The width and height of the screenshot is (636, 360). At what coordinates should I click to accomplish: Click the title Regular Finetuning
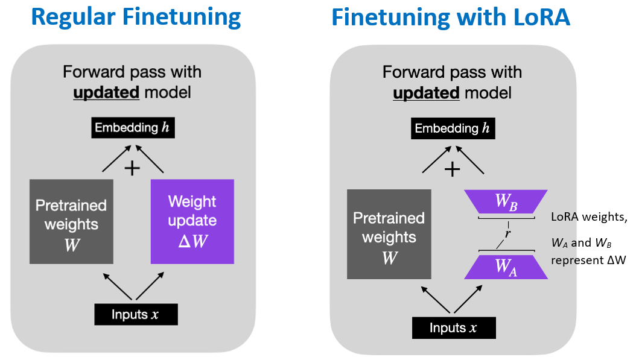tap(136, 17)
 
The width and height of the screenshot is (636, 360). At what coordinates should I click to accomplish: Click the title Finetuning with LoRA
tap(451, 17)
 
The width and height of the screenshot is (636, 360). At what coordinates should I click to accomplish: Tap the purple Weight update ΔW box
tap(192, 222)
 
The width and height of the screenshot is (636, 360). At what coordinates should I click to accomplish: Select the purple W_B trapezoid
tap(506, 202)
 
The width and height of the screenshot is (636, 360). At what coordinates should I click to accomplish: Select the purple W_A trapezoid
tap(506, 267)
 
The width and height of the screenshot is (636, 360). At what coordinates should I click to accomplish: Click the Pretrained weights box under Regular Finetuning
tap(71, 222)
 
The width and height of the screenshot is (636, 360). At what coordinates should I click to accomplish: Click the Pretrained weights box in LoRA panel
tap(389, 235)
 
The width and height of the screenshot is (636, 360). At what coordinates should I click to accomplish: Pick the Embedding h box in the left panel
tap(133, 128)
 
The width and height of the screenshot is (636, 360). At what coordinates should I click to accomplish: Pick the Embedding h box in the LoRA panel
tap(453, 128)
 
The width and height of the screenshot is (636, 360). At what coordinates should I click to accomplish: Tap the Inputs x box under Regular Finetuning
tap(136, 315)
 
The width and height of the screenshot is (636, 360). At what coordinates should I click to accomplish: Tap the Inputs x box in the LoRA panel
tap(454, 328)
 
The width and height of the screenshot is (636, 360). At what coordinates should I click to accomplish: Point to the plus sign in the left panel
tap(132, 168)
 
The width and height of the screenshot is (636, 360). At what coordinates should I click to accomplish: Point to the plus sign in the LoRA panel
tap(452, 169)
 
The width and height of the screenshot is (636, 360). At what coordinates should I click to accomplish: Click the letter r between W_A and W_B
tap(507, 233)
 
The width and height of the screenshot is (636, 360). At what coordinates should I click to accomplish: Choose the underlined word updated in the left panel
tap(106, 93)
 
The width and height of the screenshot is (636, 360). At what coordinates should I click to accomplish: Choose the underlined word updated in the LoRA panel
tap(426, 93)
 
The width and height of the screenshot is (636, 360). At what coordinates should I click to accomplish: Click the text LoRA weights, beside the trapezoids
tap(589, 217)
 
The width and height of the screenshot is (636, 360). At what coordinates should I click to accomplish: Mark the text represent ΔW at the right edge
tap(588, 261)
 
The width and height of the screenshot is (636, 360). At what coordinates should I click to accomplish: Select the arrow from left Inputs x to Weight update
tap(150, 286)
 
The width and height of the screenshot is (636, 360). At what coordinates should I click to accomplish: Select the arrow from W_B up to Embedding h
tap(469, 160)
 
